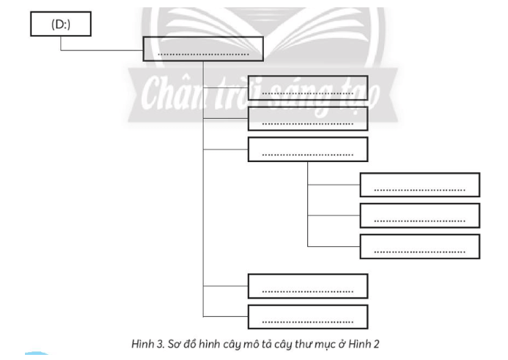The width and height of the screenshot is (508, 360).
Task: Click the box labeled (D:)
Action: [x=60, y=24]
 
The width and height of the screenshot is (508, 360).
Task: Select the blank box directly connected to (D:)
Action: [x=201, y=49]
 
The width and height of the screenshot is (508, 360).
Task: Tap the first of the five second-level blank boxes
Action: [x=307, y=87]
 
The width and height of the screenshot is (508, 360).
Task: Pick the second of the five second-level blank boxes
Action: [x=307, y=119]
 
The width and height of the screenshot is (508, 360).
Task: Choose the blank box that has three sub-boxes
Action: [x=307, y=150]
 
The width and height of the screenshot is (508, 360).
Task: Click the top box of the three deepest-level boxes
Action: [x=419, y=185]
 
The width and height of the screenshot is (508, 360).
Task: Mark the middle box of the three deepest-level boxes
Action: [x=419, y=216]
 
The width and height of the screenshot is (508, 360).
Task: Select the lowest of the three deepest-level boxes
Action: [x=419, y=246]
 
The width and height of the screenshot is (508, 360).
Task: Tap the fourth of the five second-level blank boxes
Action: [x=307, y=286]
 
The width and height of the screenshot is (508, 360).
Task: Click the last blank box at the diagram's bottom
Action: [x=307, y=317]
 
